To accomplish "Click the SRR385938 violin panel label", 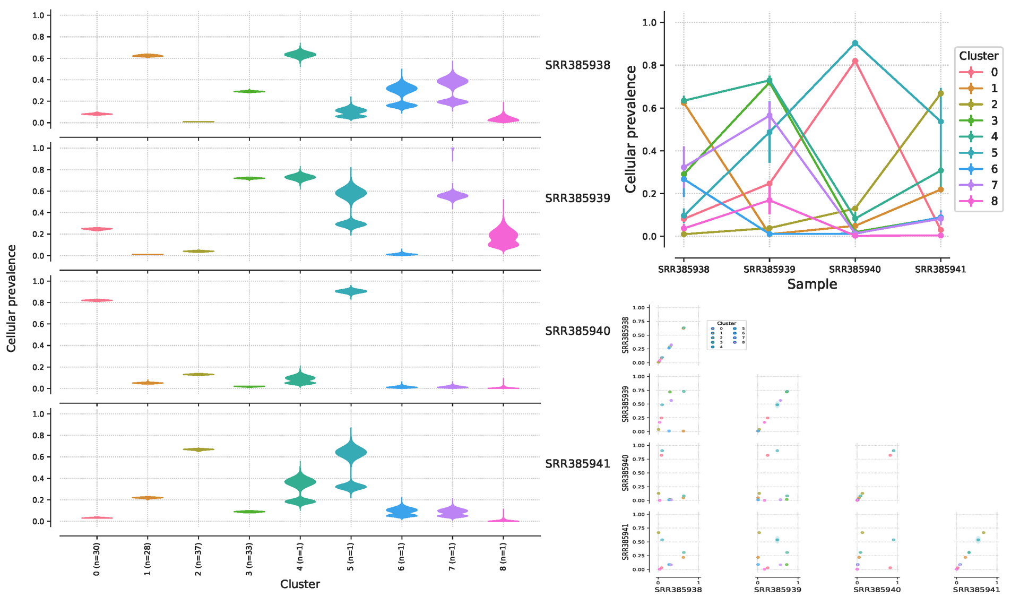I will click(x=577, y=65).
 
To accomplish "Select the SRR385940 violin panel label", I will click(x=577, y=331).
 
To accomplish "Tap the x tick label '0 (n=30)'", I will click(x=97, y=559).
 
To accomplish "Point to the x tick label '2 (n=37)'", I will click(x=198, y=559).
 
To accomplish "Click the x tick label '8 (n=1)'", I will click(x=503, y=557).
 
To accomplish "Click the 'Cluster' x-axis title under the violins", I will click(x=300, y=584).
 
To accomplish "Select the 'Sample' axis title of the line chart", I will click(x=812, y=284).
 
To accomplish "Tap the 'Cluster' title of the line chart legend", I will click(x=979, y=56).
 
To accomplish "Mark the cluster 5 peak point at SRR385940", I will click(x=855, y=44).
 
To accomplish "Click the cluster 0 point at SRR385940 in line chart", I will click(x=855, y=62).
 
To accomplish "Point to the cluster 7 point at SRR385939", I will click(x=770, y=116).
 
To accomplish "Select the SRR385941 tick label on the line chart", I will click(x=940, y=270).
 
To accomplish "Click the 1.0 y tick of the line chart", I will click(x=650, y=23).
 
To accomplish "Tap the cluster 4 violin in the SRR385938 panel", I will click(x=300, y=54).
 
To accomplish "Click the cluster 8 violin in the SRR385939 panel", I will click(x=503, y=236).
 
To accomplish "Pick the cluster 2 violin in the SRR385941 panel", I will click(x=198, y=449).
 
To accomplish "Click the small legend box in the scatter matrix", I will click(x=727, y=334).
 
